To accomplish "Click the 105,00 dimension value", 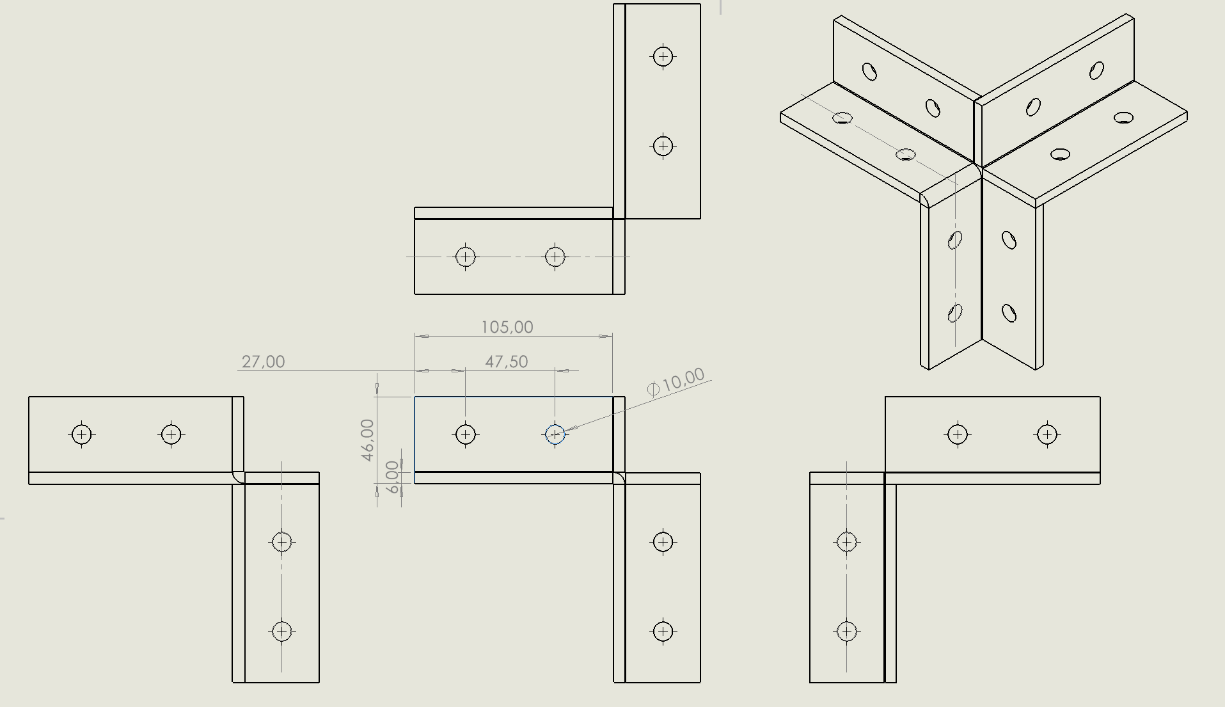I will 507,328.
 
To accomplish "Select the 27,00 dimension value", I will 263,362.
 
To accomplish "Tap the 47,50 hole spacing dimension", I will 506,362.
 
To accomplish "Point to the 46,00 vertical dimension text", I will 367,440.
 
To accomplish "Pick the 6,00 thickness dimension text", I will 392,477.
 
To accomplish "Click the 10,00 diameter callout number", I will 683,379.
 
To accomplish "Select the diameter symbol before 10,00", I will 653,389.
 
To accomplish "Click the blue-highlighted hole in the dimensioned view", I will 555,434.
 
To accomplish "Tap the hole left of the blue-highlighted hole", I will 465,434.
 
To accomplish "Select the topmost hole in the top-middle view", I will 663,56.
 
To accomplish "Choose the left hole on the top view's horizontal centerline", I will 465,257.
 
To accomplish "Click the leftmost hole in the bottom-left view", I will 81,434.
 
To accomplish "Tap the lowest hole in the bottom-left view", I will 281,632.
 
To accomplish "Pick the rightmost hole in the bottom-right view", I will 1047,434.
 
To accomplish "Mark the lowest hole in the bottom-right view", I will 846,632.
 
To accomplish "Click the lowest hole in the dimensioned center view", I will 663,632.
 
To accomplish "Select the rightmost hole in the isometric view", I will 1123,118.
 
